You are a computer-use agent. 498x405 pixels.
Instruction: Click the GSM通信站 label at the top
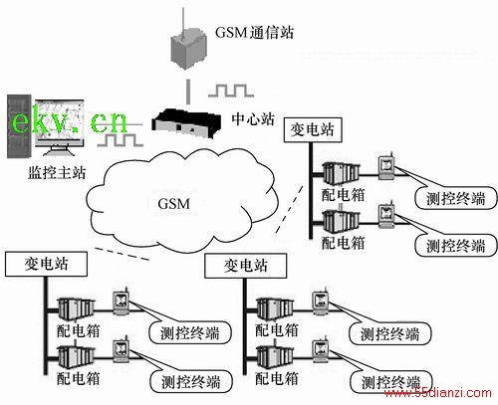click(254, 33)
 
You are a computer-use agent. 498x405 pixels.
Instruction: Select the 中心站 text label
click(253, 118)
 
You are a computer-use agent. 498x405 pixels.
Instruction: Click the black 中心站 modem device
click(186, 124)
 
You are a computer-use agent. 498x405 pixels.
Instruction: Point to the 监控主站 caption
click(57, 173)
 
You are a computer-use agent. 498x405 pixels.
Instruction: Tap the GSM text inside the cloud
click(174, 204)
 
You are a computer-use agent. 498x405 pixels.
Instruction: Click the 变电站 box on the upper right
click(313, 129)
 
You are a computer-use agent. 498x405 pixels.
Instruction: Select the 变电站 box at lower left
click(46, 264)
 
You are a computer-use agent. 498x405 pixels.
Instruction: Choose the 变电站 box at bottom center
click(245, 266)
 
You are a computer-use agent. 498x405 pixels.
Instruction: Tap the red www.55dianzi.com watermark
click(437, 393)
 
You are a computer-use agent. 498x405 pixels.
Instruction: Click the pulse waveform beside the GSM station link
click(231, 91)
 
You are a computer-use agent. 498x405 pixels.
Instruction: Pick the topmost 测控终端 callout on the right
click(456, 198)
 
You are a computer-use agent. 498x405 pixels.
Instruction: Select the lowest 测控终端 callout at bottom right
click(390, 382)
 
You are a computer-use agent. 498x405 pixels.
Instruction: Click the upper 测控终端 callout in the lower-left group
click(190, 332)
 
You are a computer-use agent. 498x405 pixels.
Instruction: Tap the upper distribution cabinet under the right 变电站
click(342, 172)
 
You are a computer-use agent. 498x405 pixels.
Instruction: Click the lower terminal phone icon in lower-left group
click(120, 350)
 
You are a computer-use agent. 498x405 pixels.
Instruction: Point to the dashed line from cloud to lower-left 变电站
click(122, 254)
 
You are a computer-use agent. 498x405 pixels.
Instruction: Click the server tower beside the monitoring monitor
click(19, 126)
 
